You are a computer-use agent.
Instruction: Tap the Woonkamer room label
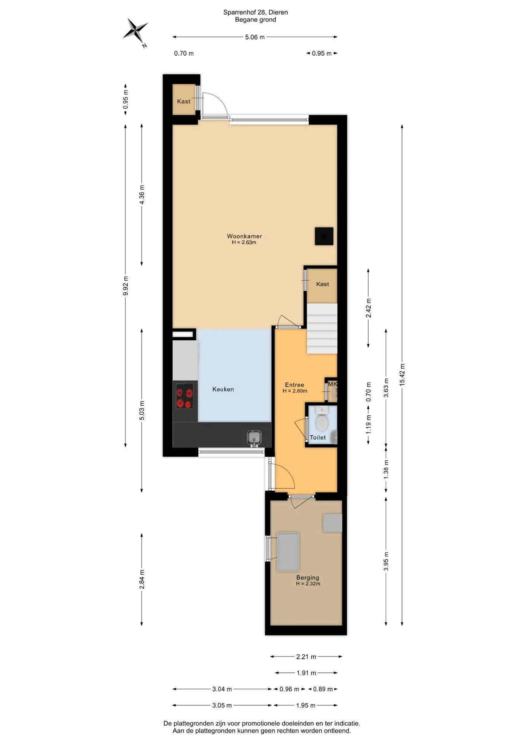pos(244,236)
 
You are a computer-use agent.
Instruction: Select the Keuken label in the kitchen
pos(223,389)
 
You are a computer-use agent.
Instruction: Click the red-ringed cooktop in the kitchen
pos(185,396)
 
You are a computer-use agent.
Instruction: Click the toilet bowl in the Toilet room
pos(322,422)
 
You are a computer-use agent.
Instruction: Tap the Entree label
pos(294,385)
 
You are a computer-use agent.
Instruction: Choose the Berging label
pos(307,577)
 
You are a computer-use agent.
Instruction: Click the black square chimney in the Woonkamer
pos(324,236)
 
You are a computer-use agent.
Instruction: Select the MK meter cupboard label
pos(332,384)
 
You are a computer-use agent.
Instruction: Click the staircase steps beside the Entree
pos(322,328)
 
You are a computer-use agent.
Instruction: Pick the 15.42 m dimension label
pos(402,375)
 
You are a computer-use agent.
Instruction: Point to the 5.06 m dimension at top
pos(255,37)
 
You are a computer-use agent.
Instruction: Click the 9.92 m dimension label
pos(125,286)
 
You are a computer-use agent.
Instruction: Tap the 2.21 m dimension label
pos(306,656)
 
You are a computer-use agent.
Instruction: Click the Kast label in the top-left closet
pos(184,102)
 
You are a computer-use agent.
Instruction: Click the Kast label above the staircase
pos(322,284)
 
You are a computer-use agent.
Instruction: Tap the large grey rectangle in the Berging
pos(288,552)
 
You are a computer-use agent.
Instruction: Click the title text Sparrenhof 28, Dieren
pos(255,12)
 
